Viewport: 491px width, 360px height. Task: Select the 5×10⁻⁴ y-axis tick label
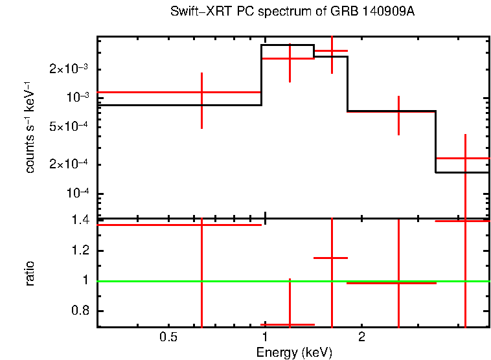(x=73, y=127)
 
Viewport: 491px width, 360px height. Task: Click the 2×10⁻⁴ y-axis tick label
(x=73, y=164)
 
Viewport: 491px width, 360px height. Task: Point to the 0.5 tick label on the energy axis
(x=169, y=338)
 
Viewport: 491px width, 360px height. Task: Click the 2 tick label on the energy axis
(x=362, y=338)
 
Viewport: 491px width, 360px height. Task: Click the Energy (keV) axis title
(x=294, y=352)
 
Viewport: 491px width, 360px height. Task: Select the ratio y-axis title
(x=30, y=274)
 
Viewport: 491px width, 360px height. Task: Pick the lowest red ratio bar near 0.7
(x=288, y=324)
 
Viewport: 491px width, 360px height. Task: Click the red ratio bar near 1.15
(x=330, y=258)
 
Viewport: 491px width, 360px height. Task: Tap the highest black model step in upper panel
(x=288, y=45)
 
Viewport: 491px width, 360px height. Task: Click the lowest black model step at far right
(x=461, y=172)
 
